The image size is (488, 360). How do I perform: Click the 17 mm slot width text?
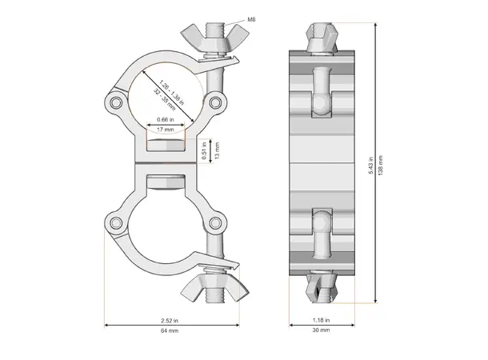167,130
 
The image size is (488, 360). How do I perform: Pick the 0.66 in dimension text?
167,120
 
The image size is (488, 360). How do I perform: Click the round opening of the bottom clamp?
166,217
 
